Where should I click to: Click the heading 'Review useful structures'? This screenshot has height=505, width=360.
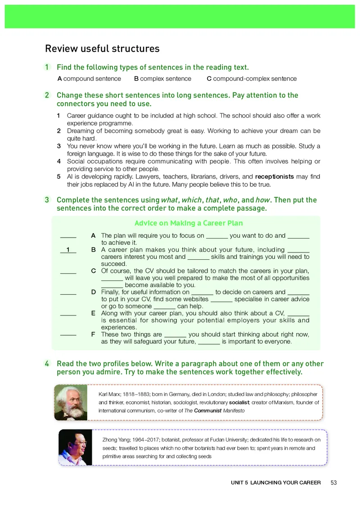[102, 49]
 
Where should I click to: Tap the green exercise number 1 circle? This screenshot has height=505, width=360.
[47, 68]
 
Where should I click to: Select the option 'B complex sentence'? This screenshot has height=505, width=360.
[162, 79]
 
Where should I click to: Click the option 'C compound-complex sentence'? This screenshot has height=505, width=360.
[252, 79]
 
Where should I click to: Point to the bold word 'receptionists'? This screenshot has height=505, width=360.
[274, 177]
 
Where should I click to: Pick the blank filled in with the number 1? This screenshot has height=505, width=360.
[68, 250]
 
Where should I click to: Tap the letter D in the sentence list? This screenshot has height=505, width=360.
[93, 292]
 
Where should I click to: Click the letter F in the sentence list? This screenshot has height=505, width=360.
[93, 334]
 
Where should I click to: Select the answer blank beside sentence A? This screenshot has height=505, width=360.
[68, 235]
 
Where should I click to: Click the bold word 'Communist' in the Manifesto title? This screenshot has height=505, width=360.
[207, 411]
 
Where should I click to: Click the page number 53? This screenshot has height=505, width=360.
[333, 483]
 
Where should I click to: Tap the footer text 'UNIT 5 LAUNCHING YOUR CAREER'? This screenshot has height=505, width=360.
[276, 483]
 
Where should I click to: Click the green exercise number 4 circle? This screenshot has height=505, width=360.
[47, 364]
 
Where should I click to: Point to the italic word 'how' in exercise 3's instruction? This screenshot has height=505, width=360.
[261, 200]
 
